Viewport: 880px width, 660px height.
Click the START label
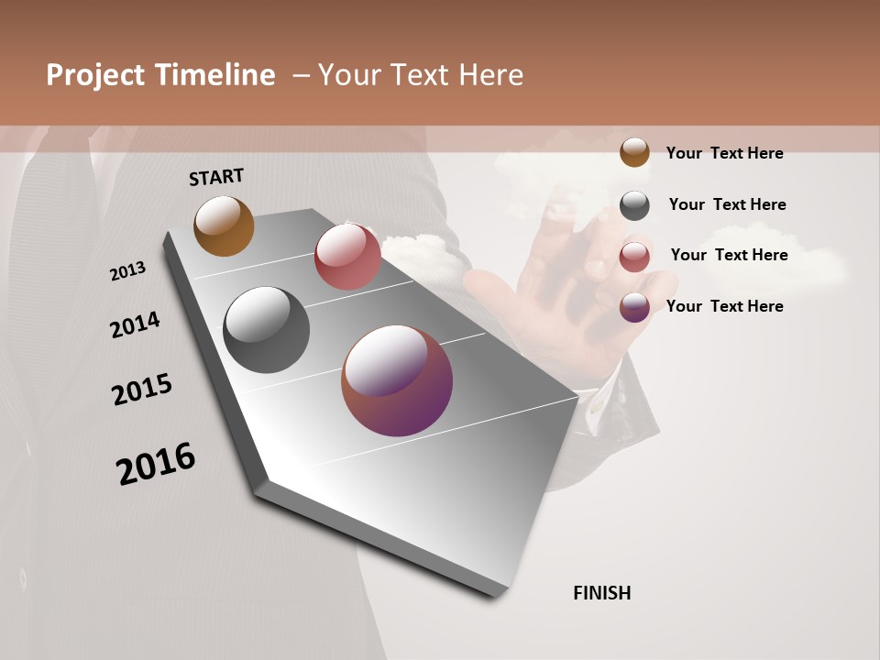216,177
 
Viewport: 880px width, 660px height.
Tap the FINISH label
602,593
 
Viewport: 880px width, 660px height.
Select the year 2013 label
128,270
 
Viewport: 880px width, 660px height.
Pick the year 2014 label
135,324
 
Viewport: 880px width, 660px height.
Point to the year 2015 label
142,390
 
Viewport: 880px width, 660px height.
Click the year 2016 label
156,463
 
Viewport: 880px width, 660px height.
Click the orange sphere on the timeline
224,225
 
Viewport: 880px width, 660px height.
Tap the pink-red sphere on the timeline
347,257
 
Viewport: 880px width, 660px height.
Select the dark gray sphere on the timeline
267,330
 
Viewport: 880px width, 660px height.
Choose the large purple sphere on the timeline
397,380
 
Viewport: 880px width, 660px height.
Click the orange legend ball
634,152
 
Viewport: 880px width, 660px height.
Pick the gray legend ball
634,205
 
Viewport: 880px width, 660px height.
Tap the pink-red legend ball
634,257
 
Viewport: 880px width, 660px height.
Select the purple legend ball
634,307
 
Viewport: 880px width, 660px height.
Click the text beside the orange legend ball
724,153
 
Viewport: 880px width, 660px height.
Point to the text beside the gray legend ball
727,204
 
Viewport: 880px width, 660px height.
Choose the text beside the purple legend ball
724,306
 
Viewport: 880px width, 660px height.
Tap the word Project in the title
94,75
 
